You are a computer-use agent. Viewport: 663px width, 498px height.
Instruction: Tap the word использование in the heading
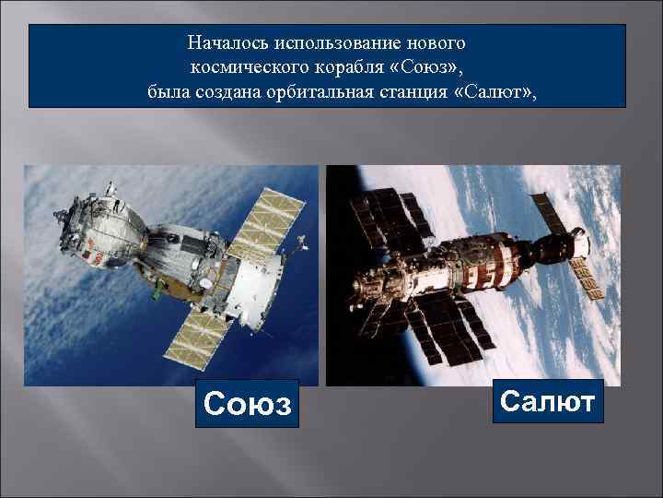pos(353,43)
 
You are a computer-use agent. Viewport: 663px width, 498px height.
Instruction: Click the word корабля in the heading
pos(344,67)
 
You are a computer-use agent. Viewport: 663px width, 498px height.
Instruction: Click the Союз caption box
pos(248,403)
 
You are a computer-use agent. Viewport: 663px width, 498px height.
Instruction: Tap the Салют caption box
pos(548,401)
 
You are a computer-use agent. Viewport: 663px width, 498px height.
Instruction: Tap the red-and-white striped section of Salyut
pos(512,250)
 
